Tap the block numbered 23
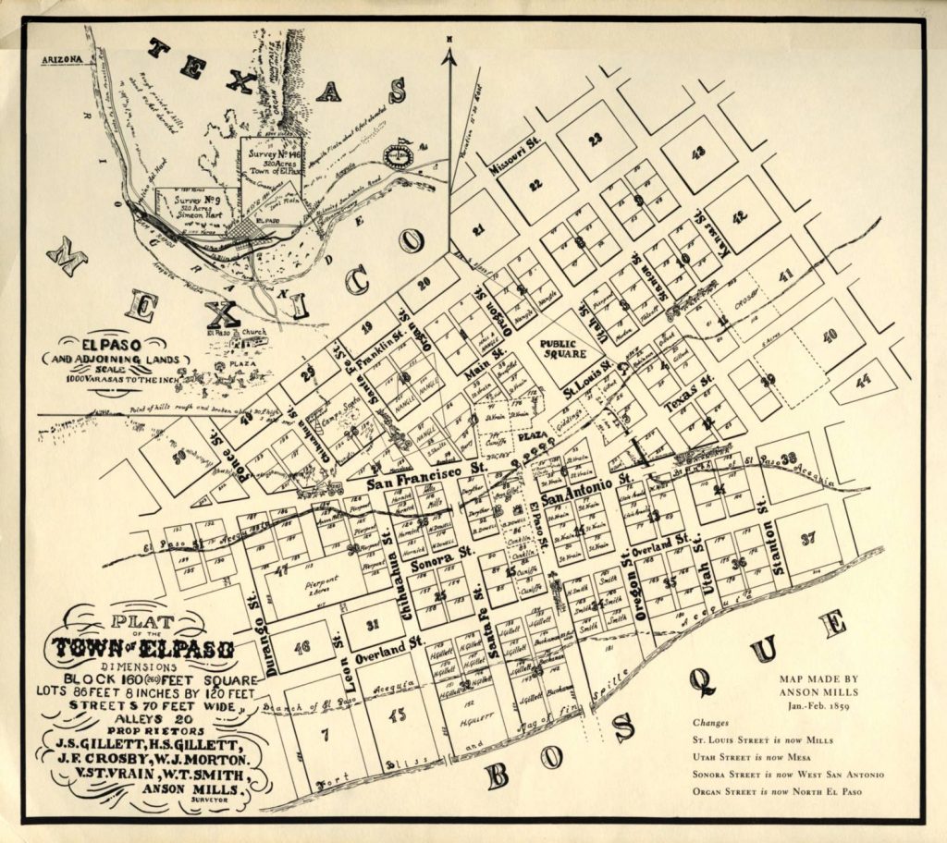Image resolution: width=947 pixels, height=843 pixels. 596,139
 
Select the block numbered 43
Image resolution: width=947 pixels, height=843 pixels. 698,152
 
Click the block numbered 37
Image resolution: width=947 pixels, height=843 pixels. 807,538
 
